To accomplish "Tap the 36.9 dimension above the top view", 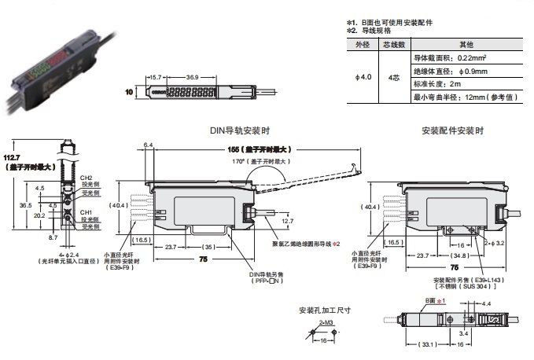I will coord(191,77).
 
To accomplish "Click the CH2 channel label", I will coord(86,178).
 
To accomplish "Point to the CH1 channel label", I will coord(86,212).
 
